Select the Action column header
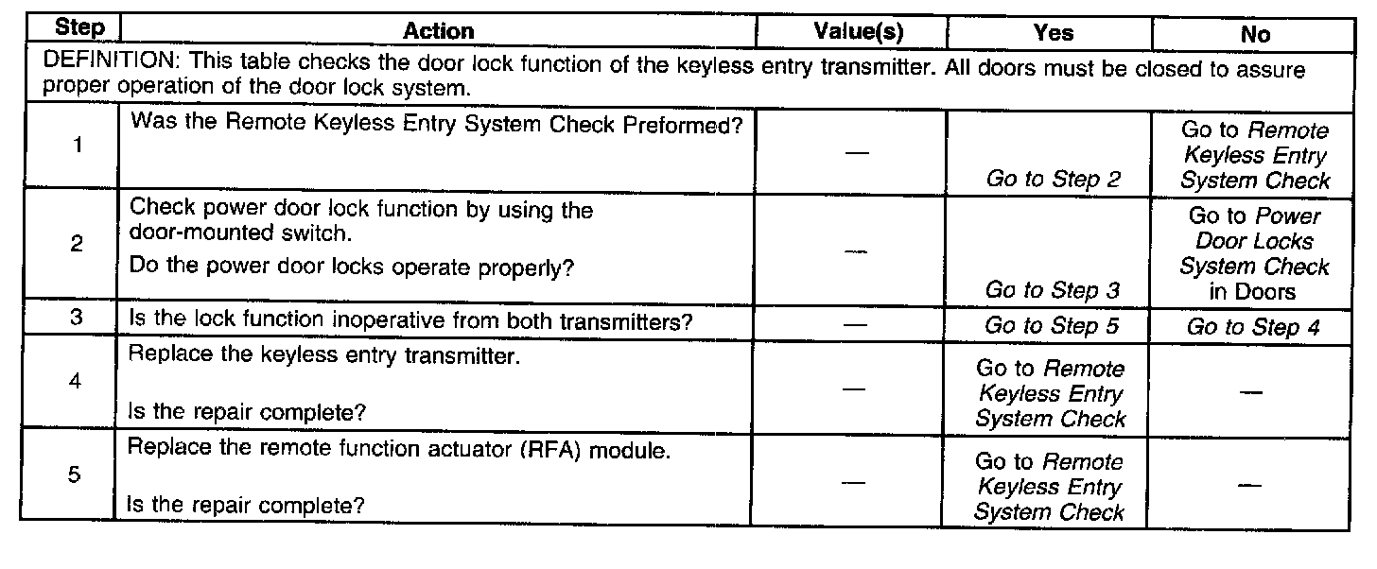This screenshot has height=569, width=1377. coord(438,31)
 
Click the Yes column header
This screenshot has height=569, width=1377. coord(1053,33)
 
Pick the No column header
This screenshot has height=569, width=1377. coord(1255,34)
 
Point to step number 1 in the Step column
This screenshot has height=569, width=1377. coord(76,147)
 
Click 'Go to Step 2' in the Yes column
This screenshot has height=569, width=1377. coord(1053,179)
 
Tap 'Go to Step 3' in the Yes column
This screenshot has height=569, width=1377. coord(1053,290)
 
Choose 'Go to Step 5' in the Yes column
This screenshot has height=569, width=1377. coord(1053,326)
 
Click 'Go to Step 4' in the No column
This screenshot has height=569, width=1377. coord(1255,327)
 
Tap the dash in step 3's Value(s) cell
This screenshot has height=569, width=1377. coord(855,324)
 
